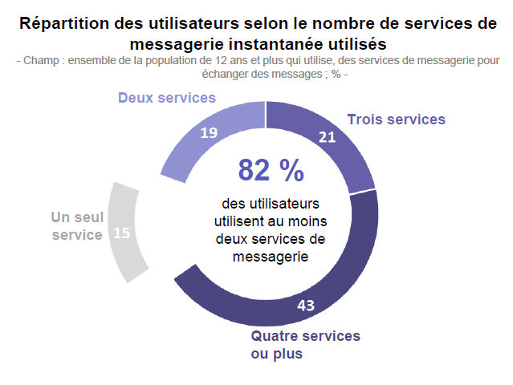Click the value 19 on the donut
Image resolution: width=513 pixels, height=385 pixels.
coord(209,133)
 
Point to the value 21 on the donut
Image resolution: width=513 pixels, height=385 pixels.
coord(327,137)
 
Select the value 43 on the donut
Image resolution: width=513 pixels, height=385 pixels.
coord(305,306)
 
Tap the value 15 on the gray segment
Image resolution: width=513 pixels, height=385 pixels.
coord(122,233)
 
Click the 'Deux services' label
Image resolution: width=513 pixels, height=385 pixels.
coord(167,98)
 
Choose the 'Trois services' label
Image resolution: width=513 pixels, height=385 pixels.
coord(396,120)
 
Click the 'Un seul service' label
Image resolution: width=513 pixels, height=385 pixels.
coord(77,226)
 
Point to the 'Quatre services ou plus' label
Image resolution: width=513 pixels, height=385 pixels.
coord(305,344)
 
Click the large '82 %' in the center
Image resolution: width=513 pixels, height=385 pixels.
coord(271,170)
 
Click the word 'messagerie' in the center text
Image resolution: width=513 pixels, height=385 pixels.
coord(271,256)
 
